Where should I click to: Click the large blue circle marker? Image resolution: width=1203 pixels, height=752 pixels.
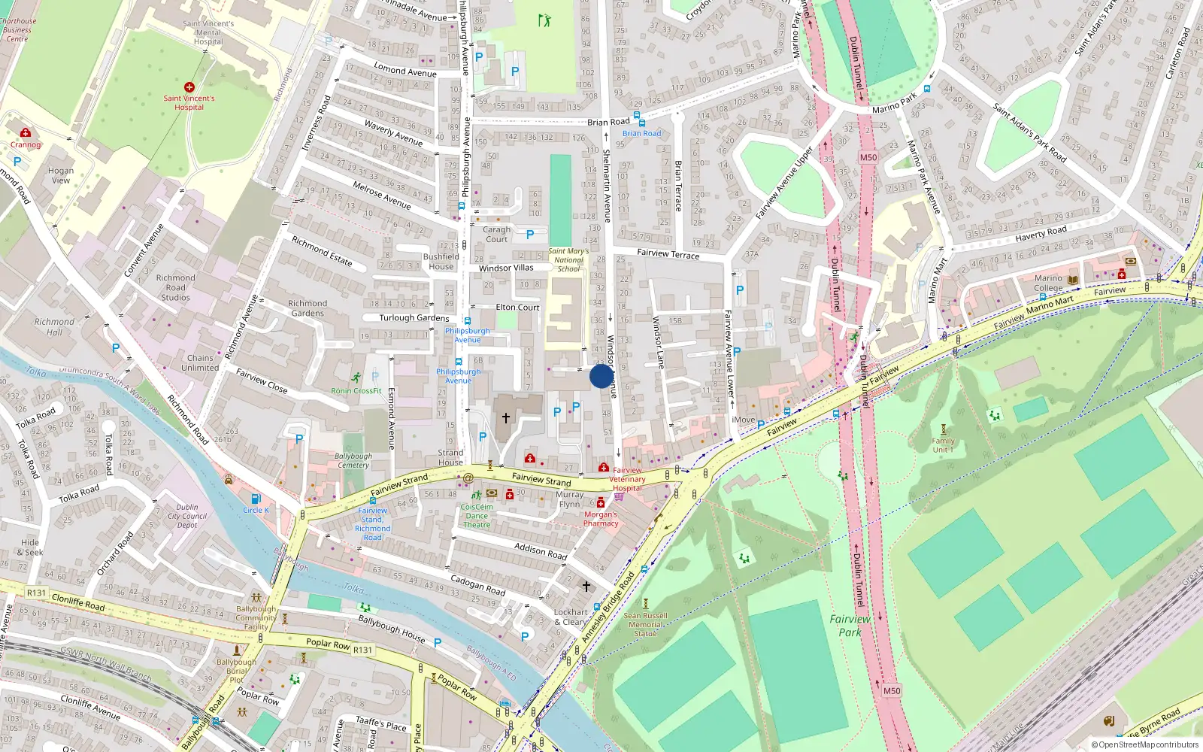(x=601, y=376)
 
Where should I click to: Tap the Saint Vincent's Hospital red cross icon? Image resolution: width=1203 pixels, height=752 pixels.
(x=189, y=87)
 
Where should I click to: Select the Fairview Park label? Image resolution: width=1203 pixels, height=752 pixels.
(x=850, y=625)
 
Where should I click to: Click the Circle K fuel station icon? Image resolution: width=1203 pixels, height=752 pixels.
(x=256, y=499)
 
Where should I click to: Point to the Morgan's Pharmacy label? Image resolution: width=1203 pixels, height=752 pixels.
(x=601, y=519)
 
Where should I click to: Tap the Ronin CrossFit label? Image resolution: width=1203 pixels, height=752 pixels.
(x=356, y=390)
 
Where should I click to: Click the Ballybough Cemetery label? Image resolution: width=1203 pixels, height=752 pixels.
(x=353, y=460)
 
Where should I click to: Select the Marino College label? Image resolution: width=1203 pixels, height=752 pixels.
(x=1048, y=283)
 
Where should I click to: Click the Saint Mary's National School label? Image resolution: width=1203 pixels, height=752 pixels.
(x=568, y=260)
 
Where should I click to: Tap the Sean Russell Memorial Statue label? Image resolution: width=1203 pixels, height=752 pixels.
(x=645, y=624)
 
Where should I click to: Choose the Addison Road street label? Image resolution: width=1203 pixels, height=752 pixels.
(x=541, y=550)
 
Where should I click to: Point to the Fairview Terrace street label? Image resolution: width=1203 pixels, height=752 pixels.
(x=668, y=253)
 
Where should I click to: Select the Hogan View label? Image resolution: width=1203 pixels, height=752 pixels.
(x=61, y=175)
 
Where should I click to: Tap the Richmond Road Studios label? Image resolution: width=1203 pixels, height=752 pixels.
(x=175, y=287)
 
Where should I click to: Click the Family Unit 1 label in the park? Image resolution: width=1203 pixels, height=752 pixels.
(x=943, y=445)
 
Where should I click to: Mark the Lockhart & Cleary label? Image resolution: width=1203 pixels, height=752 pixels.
(x=571, y=617)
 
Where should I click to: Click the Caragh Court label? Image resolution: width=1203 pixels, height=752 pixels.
(x=496, y=234)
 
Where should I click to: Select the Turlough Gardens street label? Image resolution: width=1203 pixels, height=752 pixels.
(x=414, y=317)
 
